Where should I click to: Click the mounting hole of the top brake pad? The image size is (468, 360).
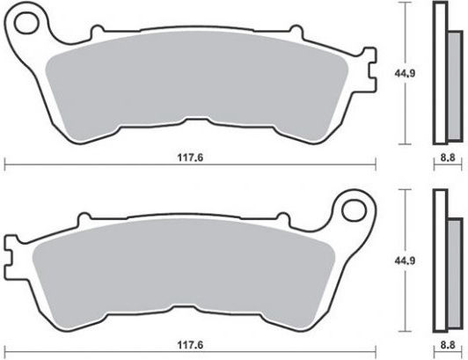(x=27, y=23)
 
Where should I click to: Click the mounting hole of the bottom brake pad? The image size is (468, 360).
(x=354, y=210)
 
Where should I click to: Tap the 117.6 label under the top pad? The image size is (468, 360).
(x=190, y=158)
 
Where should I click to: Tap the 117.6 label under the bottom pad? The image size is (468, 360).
(x=190, y=345)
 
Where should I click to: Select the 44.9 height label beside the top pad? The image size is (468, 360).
(x=405, y=73)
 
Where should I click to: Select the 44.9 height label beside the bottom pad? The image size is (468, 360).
(x=405, y=261)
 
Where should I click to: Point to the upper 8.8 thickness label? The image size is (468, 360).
(x=448, y=158)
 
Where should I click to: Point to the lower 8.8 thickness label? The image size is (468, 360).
(x=448, y=345)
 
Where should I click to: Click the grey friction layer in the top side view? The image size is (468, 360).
(x=455, y=86)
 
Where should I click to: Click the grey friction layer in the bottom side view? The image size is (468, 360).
(x=455, y=274)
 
